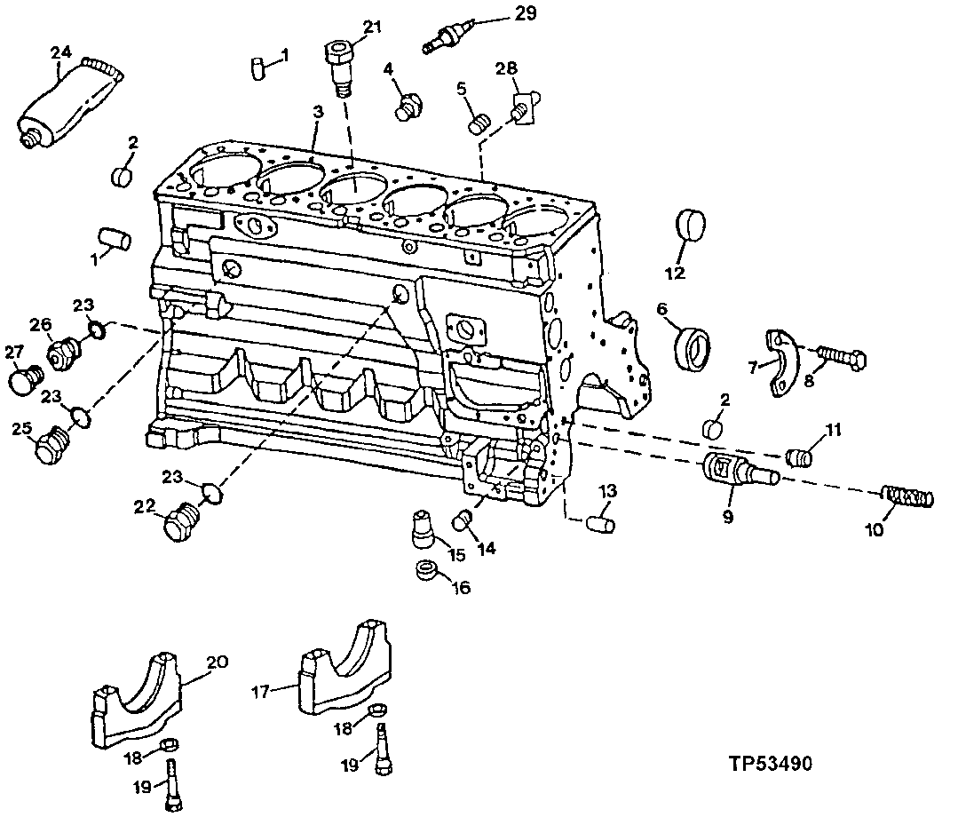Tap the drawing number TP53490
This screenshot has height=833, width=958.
[770, 763]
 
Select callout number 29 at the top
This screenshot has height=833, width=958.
[526, 12]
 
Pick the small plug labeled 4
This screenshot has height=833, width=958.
[408, 105]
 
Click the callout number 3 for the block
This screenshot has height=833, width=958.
[317, 112]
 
